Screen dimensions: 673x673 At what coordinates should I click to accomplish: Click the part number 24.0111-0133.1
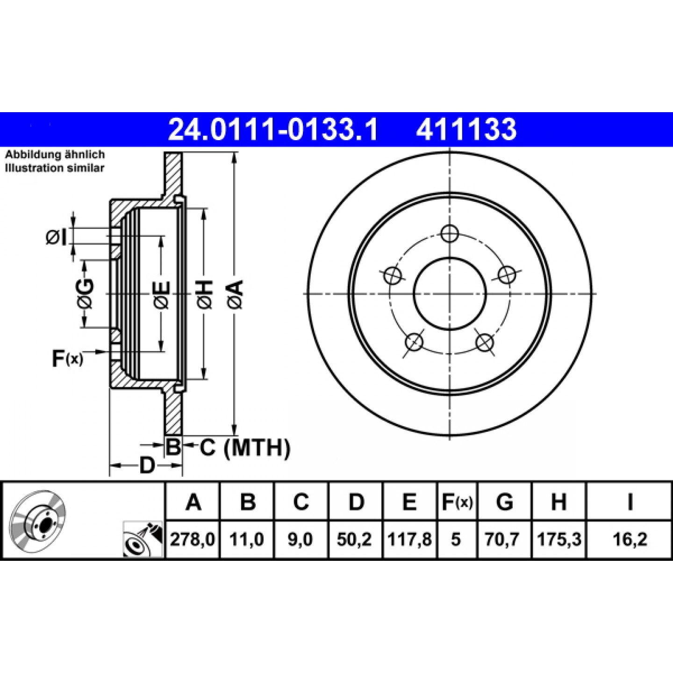click(272, 129)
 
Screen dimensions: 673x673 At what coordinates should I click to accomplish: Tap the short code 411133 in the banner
click(466, 129)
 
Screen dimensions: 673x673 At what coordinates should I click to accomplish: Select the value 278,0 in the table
click(193, 540)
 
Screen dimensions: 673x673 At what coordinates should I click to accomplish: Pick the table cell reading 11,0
click(247, 540)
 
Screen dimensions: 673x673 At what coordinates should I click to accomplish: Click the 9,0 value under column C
click(300, 540)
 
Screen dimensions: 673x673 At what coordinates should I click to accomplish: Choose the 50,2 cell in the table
click(354, 540)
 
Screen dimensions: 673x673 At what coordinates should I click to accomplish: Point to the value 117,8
click(409, 540)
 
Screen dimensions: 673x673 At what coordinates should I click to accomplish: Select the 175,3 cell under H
click(559, 540)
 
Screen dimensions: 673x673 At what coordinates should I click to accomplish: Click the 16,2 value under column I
click(630, 540)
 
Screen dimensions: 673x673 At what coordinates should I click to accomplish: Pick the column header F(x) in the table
click(457, 502)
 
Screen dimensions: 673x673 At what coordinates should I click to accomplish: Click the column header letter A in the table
click(193, 502)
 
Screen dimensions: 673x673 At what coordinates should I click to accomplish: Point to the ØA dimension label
click(236, 294)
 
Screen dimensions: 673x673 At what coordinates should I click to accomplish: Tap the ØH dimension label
click(205, 294)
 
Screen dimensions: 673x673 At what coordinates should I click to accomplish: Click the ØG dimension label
click(86, 294)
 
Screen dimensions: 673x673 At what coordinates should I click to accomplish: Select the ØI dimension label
click(56, 238)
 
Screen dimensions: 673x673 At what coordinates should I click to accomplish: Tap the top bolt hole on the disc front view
click(450, 233)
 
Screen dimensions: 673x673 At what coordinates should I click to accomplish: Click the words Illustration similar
click(55, 168)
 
